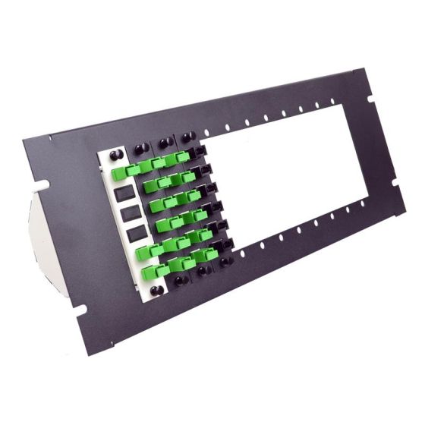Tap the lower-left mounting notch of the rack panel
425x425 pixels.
pos(79,309)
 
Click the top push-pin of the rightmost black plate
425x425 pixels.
pos(187,137)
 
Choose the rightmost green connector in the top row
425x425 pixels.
pos(182,156)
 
